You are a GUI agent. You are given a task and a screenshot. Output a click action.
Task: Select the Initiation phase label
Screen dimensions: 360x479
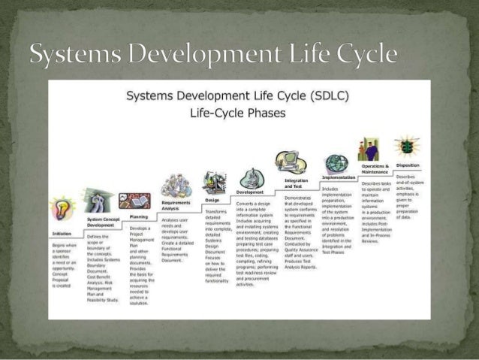tap(62, 234)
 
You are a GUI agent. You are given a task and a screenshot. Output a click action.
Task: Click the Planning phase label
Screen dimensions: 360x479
tap(138, 216)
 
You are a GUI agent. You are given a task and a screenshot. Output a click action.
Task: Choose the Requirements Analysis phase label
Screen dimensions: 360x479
tap(176, 205)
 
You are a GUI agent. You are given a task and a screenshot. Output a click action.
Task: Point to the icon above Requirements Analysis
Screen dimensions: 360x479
tap(177, 185)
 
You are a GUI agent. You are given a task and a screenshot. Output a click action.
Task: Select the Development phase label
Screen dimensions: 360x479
tap(250, 192)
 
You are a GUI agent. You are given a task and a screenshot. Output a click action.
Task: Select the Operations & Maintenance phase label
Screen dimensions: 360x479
tap(375, 168)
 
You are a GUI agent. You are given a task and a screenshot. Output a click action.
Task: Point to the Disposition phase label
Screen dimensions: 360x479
tap(408, 165)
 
